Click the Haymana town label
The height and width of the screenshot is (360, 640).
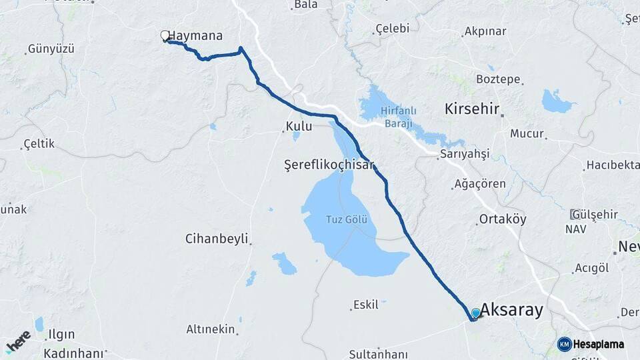pos(195,36)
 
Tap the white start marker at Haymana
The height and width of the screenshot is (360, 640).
pos(165,35)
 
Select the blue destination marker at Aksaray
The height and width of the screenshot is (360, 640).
pos(475,313)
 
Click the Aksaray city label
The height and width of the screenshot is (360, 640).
pos(512,310)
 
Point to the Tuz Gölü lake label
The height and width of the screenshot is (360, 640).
pos(347,219)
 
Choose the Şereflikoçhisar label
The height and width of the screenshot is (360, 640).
pos(329,164)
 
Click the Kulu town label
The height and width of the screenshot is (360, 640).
pos(299,126)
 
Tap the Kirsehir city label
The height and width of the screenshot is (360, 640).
pos(473,109)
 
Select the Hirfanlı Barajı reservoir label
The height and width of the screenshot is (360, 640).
pos(398,117)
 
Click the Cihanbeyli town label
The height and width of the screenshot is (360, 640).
pos(217,238)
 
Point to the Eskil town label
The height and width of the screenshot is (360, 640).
pos(366,305)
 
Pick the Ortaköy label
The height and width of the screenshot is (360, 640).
pos(503,219)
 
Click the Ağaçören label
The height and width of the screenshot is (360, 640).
pos(480,184)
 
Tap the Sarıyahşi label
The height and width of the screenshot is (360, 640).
pos(465,154)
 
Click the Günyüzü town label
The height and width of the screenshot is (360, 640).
pos(51,49)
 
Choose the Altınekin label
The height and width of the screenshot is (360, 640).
pos(211,329)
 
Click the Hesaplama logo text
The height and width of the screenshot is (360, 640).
pos(598,344)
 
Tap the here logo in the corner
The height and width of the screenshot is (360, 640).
pos(18,341)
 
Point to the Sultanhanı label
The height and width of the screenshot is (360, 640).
pos(378,352)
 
